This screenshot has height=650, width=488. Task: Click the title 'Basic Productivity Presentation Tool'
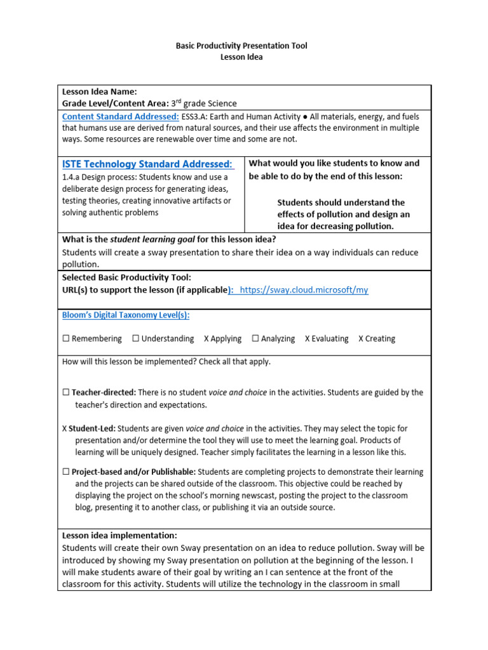click(241, 46)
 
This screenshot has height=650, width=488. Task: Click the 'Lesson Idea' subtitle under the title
click(241, 57)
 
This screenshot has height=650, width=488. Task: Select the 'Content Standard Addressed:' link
click(120, 117)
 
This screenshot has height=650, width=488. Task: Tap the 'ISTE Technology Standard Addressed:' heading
click(147, 164)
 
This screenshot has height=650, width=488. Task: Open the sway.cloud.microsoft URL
click(304, 290)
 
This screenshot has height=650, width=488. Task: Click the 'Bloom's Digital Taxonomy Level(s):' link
click(126, 315)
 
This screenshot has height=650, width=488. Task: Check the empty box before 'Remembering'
click(65, 339)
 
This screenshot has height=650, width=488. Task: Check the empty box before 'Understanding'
click(135, 339)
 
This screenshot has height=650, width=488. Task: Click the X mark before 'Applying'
click(207, 339)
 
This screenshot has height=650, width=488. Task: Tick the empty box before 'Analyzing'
click(255, 339)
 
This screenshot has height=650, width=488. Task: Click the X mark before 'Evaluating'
click(308, 339)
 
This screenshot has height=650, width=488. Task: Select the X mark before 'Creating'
click(361, 339)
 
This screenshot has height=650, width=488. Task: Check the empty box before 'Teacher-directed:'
click(65, 393)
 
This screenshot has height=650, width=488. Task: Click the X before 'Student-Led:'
click(65, 428)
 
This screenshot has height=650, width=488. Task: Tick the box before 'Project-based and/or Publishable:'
click(65, 472)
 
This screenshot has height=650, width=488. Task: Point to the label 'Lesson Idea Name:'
click(99, 92)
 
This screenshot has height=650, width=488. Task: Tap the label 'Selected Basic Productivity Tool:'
click(126, 278)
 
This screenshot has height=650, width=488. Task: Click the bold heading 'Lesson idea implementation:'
click(119, 536)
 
